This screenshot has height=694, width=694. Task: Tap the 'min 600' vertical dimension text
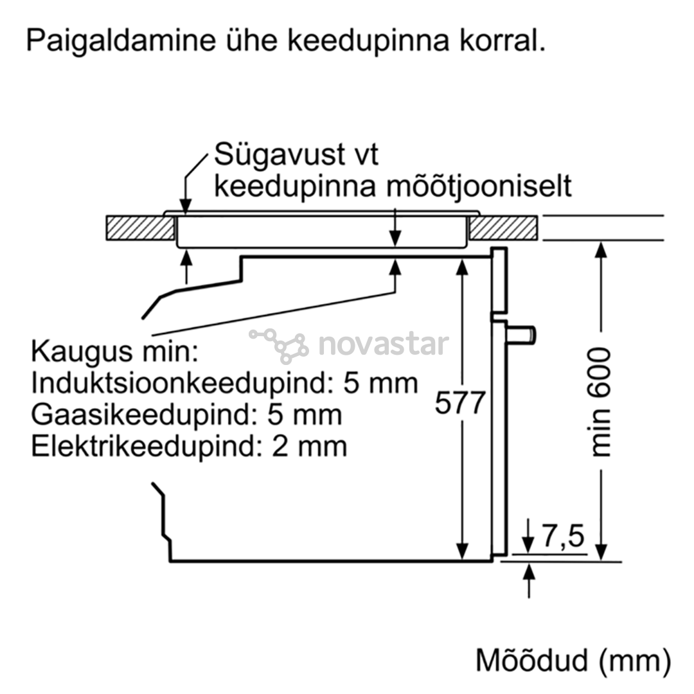pyautogui.click(x=600, y=402)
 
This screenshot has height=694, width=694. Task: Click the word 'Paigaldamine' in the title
pyautogui.click(x=120, y=40)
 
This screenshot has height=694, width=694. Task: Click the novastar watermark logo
pyautogui.click(x=349, y=345)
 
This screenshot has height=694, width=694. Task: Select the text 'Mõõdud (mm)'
pyautogui.click(x=573, y=661)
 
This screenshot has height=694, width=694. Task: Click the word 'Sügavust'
pyautogui.click(x=280, y=156)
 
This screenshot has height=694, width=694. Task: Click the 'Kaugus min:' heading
pyautogui.click(x=115, y=352)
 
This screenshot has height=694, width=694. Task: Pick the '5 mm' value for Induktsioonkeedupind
pyautogui.click(x=380, y=383)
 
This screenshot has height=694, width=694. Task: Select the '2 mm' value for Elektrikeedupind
pyautogui.click(x=309, y=446)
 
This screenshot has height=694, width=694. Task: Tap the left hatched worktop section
pyautogui.click(x=140, y=228)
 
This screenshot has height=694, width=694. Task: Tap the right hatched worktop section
pyautogui.click(x=504, y=228)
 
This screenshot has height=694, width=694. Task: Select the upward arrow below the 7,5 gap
pyautogui.click(x=529, y=581)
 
